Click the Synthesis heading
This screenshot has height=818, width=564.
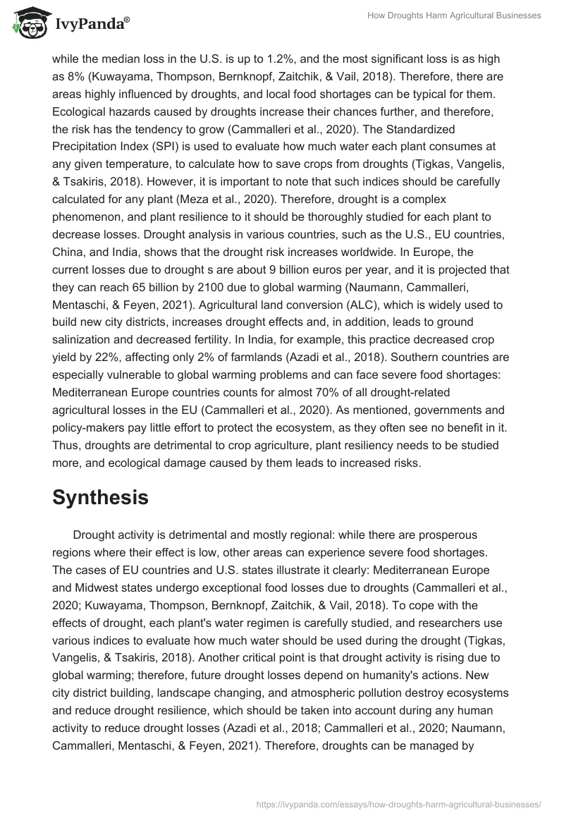click(x=100, y=496)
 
